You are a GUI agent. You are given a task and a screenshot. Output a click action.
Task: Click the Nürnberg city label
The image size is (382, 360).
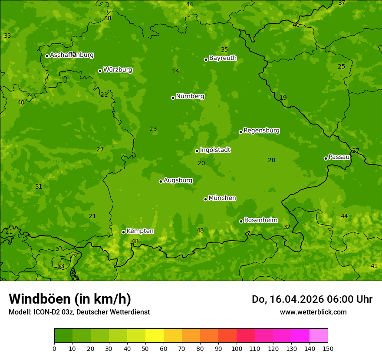pos(190,96)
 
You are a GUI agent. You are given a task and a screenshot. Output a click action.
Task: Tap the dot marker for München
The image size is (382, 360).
pos(205,199)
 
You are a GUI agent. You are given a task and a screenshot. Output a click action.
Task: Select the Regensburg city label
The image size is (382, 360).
pos(261,131)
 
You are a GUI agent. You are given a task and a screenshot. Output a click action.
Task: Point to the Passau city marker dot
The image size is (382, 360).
pos(326,158)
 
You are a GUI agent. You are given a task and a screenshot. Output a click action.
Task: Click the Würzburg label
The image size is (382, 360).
pos(118,70)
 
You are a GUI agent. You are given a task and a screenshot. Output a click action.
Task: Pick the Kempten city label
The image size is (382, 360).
pos(140,231)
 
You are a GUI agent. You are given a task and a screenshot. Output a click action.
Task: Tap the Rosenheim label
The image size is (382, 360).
pos(260,220)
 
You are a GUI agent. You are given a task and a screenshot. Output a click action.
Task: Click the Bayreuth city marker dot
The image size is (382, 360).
pos(206,59)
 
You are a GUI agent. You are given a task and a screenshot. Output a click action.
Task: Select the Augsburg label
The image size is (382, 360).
pos(178,180)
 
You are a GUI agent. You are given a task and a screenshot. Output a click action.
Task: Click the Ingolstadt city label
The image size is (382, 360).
pos(215,150)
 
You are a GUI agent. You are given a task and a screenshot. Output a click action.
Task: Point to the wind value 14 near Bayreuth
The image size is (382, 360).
pos(175,71)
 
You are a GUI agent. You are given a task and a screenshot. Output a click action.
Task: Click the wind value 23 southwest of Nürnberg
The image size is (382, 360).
pos(153,129)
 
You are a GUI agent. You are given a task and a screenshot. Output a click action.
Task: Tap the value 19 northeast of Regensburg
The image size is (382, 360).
pos(283,98)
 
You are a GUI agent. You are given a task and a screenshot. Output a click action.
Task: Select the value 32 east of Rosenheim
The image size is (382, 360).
pos(287,227)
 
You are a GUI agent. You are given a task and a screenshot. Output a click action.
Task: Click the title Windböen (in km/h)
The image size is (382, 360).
pos(70,299)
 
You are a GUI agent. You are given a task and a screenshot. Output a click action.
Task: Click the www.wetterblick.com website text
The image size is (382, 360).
pos(313,312)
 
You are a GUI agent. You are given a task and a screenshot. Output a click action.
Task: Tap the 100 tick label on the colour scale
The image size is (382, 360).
pos(237,348)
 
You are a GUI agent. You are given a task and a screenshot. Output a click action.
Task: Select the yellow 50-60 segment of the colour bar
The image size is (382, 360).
pos(155,336)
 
